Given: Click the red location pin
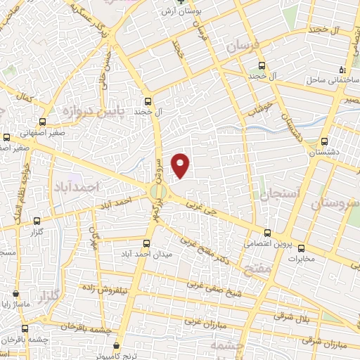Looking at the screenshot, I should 181,165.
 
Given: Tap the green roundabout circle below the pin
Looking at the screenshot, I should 159,191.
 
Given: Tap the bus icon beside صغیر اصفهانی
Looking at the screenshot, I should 44,121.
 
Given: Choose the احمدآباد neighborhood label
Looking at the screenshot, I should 74,188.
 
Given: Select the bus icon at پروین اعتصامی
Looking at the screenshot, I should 266,233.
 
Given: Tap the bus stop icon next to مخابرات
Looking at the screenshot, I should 302,247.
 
